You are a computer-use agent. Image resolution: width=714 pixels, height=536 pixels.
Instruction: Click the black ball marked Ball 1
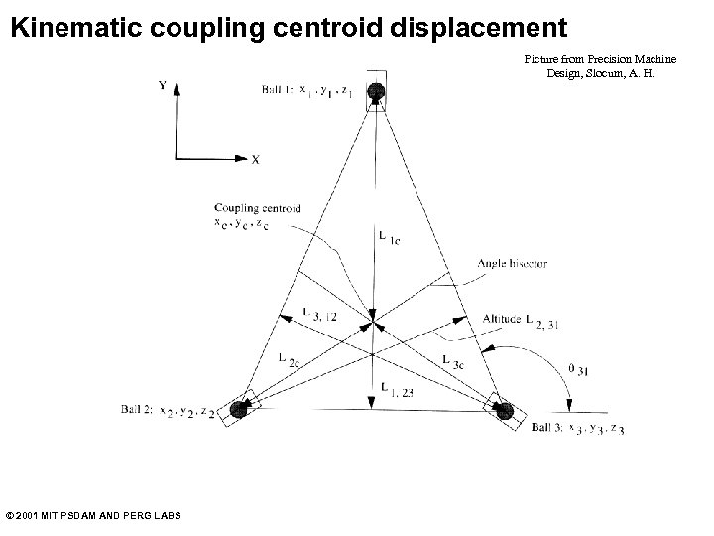point(376,92)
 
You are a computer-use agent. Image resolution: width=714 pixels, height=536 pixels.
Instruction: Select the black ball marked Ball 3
point(505,411)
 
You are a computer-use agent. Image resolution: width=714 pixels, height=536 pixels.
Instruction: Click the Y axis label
point(163,85)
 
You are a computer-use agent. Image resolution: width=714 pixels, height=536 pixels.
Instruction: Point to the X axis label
point(255,159)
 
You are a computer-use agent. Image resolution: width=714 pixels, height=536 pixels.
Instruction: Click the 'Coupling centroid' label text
point(257,208)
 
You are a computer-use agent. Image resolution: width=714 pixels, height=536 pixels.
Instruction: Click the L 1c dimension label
point(389,237)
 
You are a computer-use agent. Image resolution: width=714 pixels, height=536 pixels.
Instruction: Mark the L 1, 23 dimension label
point(393,388)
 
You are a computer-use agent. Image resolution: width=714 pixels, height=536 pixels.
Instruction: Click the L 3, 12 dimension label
point(318,314)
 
